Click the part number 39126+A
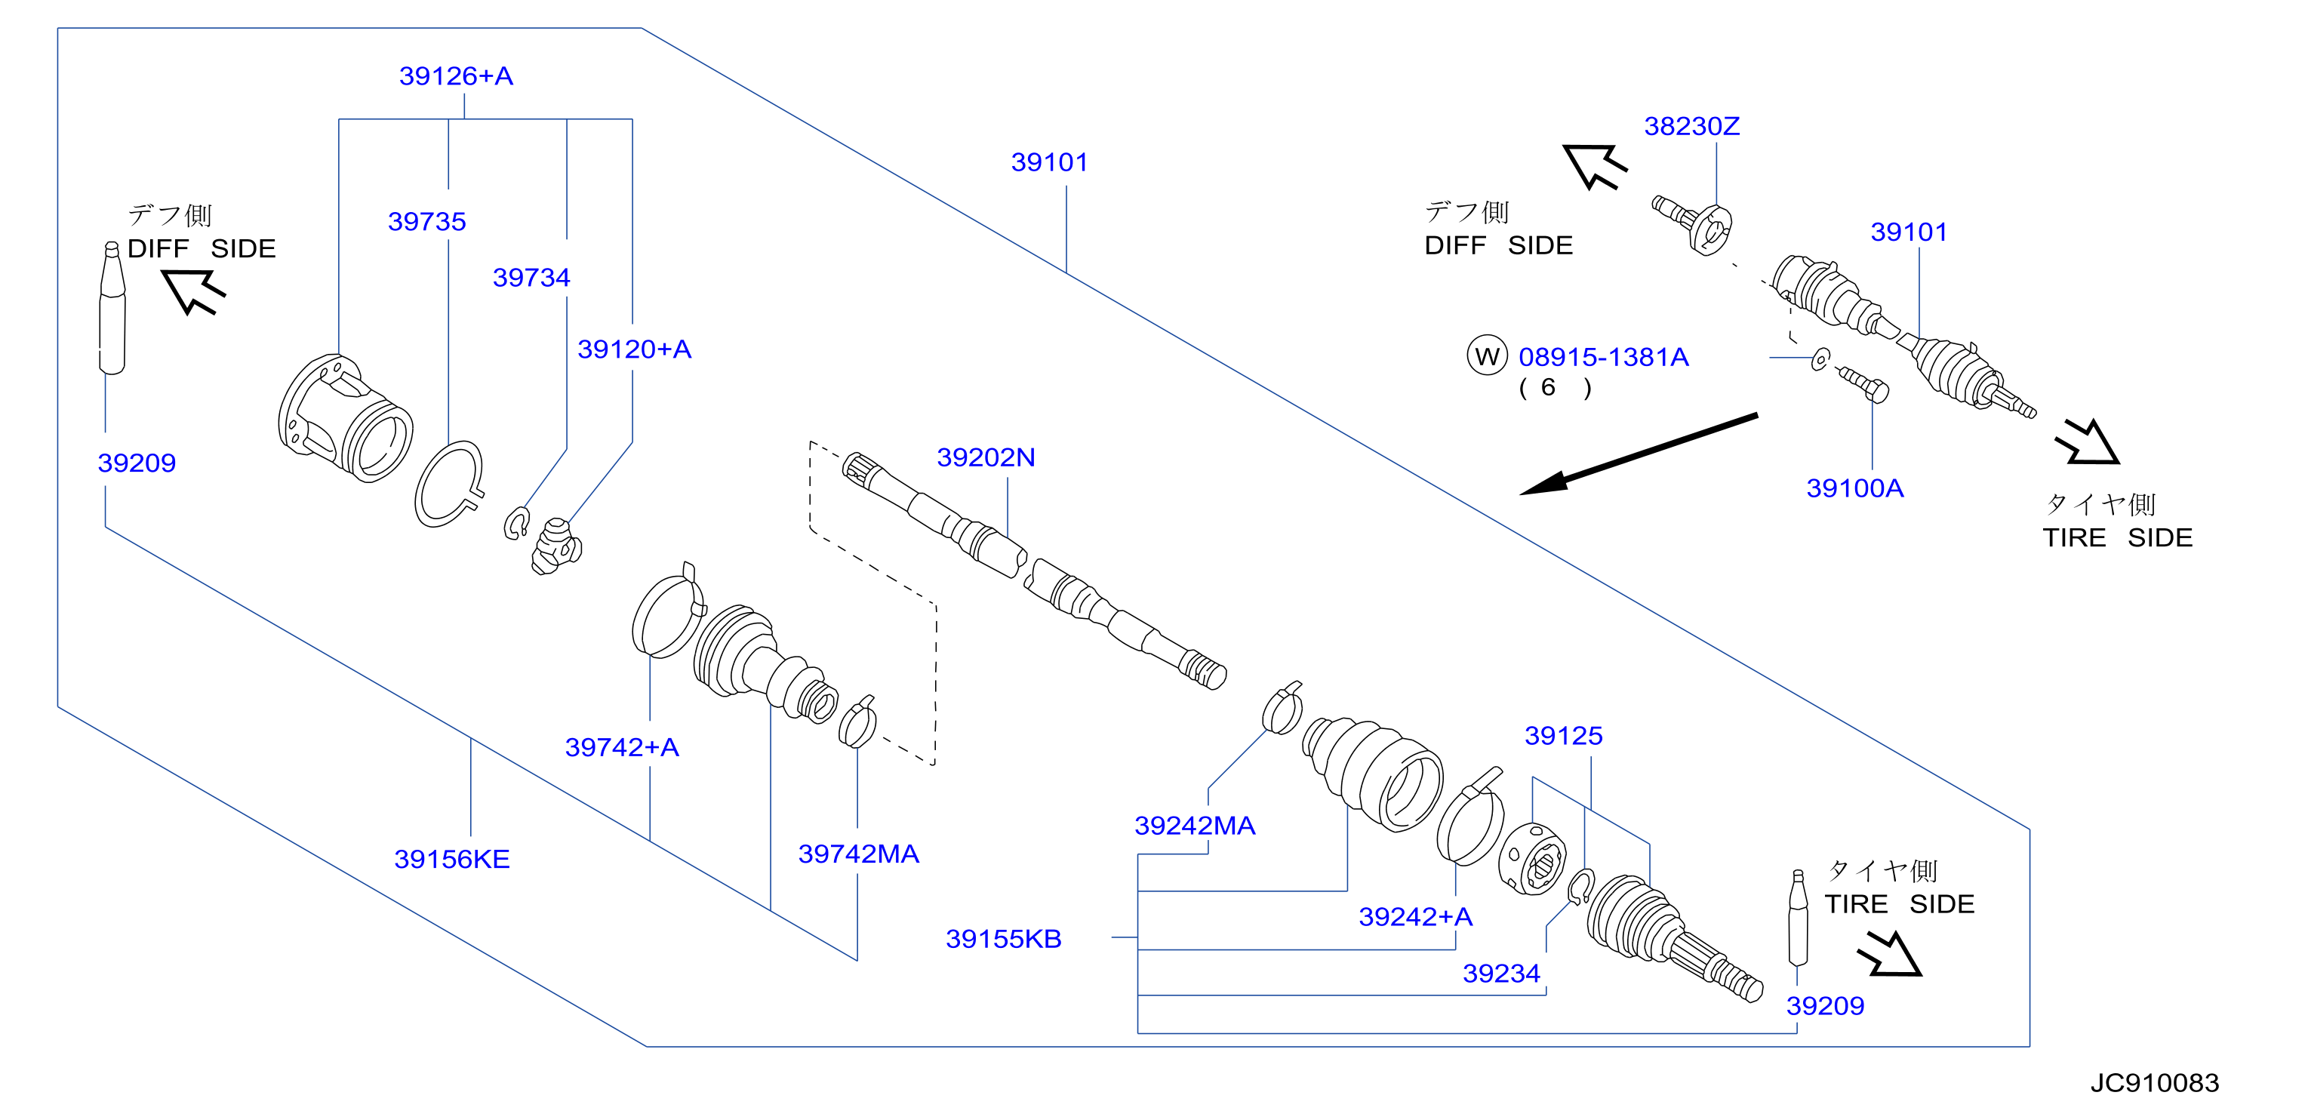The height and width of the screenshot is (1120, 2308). click(456, 76)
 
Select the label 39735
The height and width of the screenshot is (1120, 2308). click(426, 221)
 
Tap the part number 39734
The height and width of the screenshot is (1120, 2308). click(531, 278)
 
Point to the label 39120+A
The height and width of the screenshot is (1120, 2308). click(634, 349)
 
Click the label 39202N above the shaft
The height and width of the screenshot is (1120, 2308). click(986, 458)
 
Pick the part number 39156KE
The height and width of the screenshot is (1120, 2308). click(451, 860)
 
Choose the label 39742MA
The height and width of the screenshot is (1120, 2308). click(858, 854)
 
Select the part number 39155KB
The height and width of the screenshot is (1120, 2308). click(1004, 939)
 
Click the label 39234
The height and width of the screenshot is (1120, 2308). click(1502, 973)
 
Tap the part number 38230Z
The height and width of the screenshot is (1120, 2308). click(1691, 126)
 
